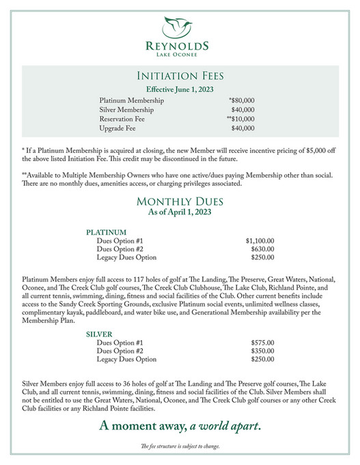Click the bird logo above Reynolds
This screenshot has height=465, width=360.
coord(180,27)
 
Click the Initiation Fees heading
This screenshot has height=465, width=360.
coord(180,76)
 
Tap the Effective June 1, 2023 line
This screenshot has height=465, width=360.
coord(180,89)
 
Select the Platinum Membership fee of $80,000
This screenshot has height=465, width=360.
coord(243,100)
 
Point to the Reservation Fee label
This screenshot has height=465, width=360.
coord(122,119)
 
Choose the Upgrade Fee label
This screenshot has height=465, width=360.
coord(117,128)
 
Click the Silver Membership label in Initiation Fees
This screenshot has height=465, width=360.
coord(126,109)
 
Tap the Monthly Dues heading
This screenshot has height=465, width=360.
coord(180,201)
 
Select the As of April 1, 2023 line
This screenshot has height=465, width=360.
coord(180,212)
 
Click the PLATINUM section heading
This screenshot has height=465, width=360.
coord(107,232)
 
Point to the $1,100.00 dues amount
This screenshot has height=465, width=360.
coord(260,241)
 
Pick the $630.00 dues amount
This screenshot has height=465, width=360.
coord(262,249)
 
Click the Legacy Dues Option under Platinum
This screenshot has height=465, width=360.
coord(126,257)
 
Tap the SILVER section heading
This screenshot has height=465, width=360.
coord(100,334)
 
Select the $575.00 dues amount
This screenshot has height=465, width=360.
coord(262,343)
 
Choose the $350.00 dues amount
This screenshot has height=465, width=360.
coord(262,351)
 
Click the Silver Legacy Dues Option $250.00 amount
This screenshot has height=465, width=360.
coord(262,359)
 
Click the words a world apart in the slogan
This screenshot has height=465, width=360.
coord(225,427)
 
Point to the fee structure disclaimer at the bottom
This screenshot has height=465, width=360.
coord(180,447)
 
